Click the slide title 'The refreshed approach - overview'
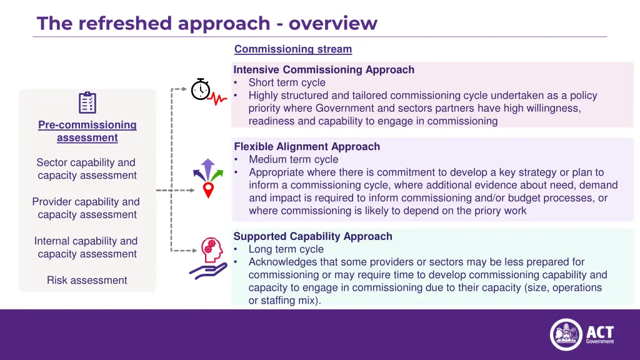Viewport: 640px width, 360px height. click(x=207, y=23)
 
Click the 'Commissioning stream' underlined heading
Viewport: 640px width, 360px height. click(x=292, y=49)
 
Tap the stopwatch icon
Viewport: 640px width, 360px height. click(x=200, y=89)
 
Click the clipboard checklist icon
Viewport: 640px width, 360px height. click(x=87, y=102)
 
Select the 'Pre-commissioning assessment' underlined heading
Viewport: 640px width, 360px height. click(x=87, y=131)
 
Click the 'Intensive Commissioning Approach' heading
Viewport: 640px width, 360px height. click(x=324, y=69)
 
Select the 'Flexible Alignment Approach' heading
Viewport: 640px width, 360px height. click(x=307, y=146)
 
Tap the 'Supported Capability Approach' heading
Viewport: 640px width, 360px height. click(x=312, y=236)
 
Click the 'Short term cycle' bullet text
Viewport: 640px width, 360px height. click(x=287, y=82)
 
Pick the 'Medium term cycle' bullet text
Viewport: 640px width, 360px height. click(x=293, y=159)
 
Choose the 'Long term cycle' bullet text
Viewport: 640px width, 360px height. click(x=286, y=249)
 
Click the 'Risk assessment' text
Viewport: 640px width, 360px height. click(x=87, y=280)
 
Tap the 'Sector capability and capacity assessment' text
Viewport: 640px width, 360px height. click(x=87, y=169)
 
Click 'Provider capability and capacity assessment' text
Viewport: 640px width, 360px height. click(x=87, y=208)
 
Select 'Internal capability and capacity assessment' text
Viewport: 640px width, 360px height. click(x=87, y=247)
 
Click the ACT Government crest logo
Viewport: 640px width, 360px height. click(x=566, y=334)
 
